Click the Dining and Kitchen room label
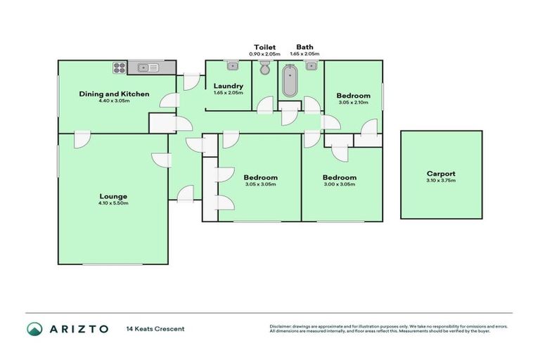(x=114, y=94)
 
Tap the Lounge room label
(x=114, y=195)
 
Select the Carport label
(x=441, y=173)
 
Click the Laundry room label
(x=228, y=86)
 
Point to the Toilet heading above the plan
(x=265, y=47)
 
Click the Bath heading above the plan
(x=304, y=47)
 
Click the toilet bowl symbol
(x=265, y=69)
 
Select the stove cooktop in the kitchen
(x=118, y=68)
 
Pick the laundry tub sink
(x=233, y=66)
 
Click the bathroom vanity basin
(x=310, y=66)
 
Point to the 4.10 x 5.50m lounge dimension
(x=114, y=202)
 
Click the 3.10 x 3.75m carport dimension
(x=441, y=181)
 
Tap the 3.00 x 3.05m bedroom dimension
(x=340, y=185)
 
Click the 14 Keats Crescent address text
(x=155, y=329)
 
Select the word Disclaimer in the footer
(x=282, y=326)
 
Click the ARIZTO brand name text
(x=78, y=329)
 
